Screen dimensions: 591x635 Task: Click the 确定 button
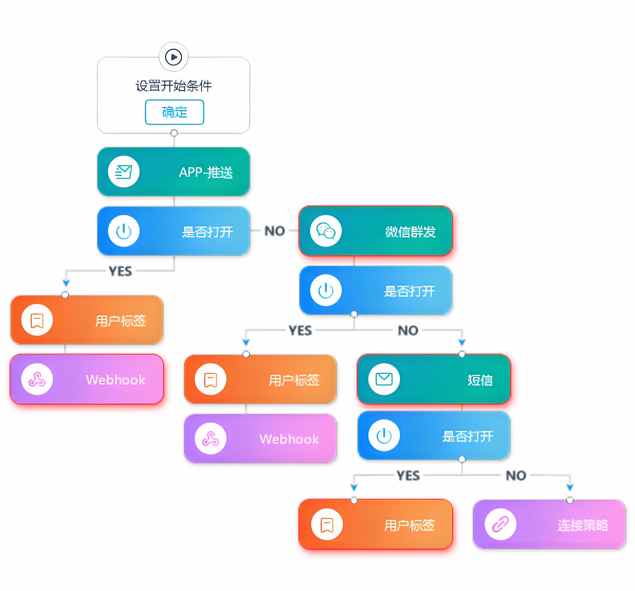coord(174,112)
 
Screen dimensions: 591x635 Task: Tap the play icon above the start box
coord(174,57)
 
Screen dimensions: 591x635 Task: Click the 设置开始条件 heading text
coord(174,86)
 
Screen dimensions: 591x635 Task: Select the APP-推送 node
coord(174,172)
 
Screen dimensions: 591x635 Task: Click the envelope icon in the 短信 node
coord(384,379)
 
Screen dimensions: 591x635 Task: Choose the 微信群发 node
coord(375,231)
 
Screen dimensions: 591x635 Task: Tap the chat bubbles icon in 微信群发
coord(325,231)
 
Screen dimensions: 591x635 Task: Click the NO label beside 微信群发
coord(274,231)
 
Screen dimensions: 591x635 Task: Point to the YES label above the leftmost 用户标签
coord(120,271)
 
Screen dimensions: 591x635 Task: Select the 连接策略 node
coord(549,524)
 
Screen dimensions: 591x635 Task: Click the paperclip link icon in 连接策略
coord(500,524)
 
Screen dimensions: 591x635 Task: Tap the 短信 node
coord(433,379)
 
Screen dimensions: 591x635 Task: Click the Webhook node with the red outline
coord(87,379)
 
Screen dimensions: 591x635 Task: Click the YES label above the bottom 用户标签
coord(408,476)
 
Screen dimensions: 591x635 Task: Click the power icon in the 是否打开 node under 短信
coord(384,435)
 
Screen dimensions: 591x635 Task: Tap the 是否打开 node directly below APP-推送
coord(174,231)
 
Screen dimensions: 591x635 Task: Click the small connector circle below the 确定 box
coord(174,133)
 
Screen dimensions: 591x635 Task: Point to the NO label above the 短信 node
coord(408,330)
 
